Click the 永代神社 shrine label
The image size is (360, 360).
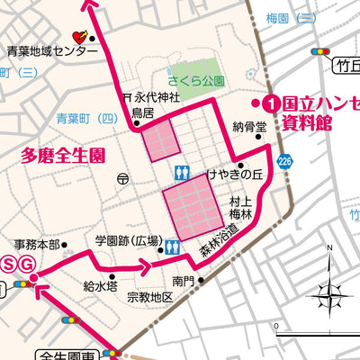point(157,97)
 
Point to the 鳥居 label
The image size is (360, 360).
point(142,112)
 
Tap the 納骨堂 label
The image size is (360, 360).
point(249,127)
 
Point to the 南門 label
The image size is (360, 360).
point(184,281)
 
